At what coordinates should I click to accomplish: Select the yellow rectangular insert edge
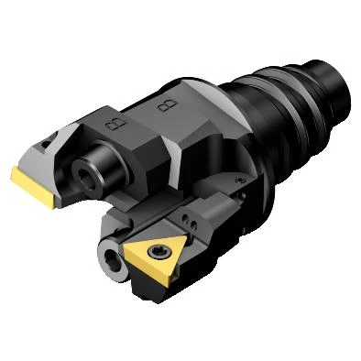pos(34,187)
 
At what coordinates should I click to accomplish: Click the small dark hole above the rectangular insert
pos(48,141)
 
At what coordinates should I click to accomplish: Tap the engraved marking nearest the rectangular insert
pos(115,124)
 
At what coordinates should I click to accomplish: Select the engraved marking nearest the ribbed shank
pos(167,105)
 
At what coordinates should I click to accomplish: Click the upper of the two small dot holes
pos(186,218)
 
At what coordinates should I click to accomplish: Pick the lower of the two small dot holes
pos(193,225)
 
